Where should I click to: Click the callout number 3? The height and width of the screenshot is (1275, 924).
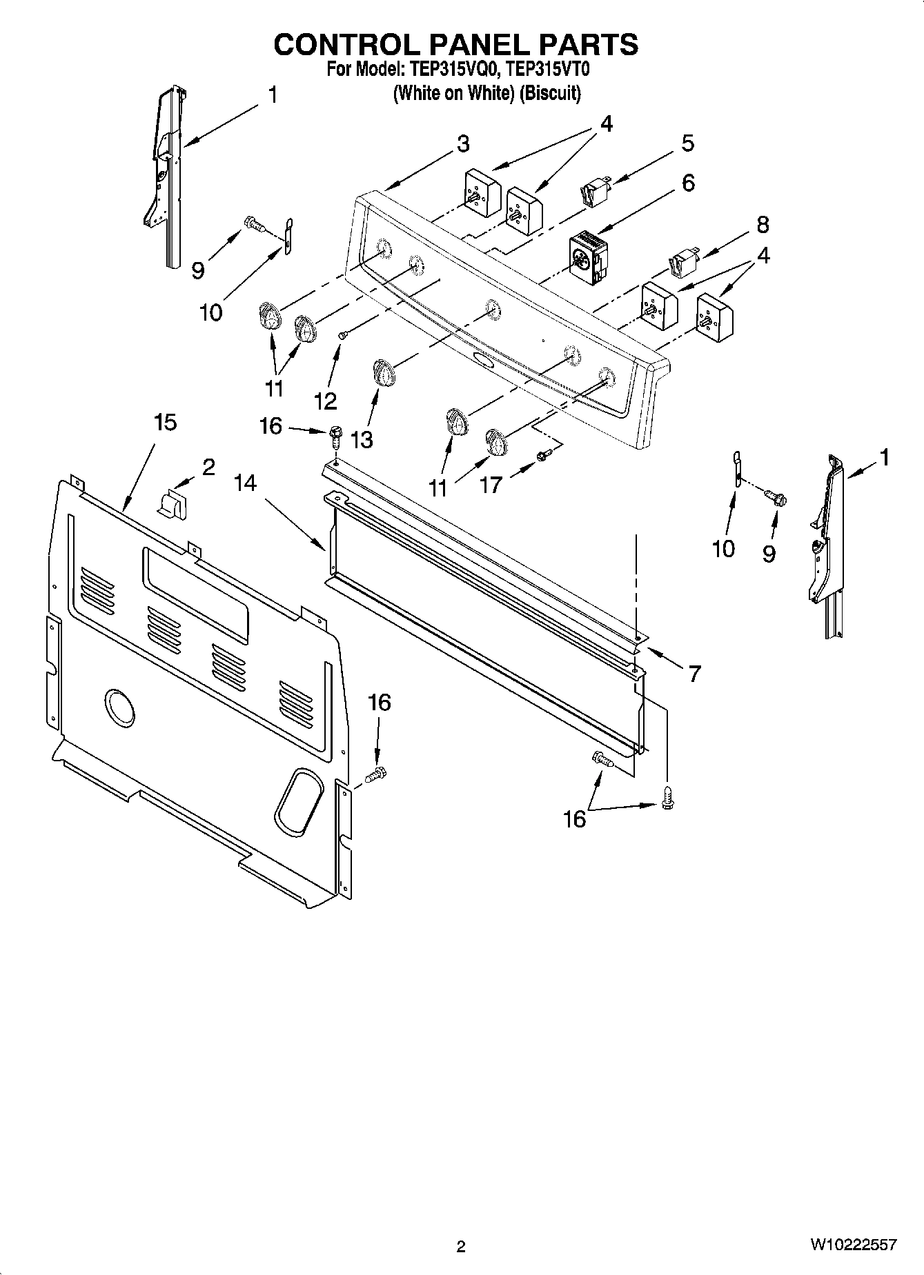click(463, 144)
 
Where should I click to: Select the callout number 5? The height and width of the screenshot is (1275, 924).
click(687, 143)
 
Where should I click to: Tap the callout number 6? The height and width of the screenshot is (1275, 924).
click(687, 183)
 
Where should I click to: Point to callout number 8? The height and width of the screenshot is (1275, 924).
click(762, 224)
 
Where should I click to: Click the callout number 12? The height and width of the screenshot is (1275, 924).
click(325, 401)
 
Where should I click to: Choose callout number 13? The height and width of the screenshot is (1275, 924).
click(361, 439)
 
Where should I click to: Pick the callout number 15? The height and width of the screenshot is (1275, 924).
click(165, 422)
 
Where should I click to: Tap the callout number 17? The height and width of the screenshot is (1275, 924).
click(491, 485)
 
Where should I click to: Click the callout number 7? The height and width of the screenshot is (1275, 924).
click(694, 673)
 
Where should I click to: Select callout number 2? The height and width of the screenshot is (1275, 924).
click(208, 467)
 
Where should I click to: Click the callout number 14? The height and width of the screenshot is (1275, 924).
click(244, 483)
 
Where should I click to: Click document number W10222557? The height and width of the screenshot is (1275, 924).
click(854, 1245)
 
